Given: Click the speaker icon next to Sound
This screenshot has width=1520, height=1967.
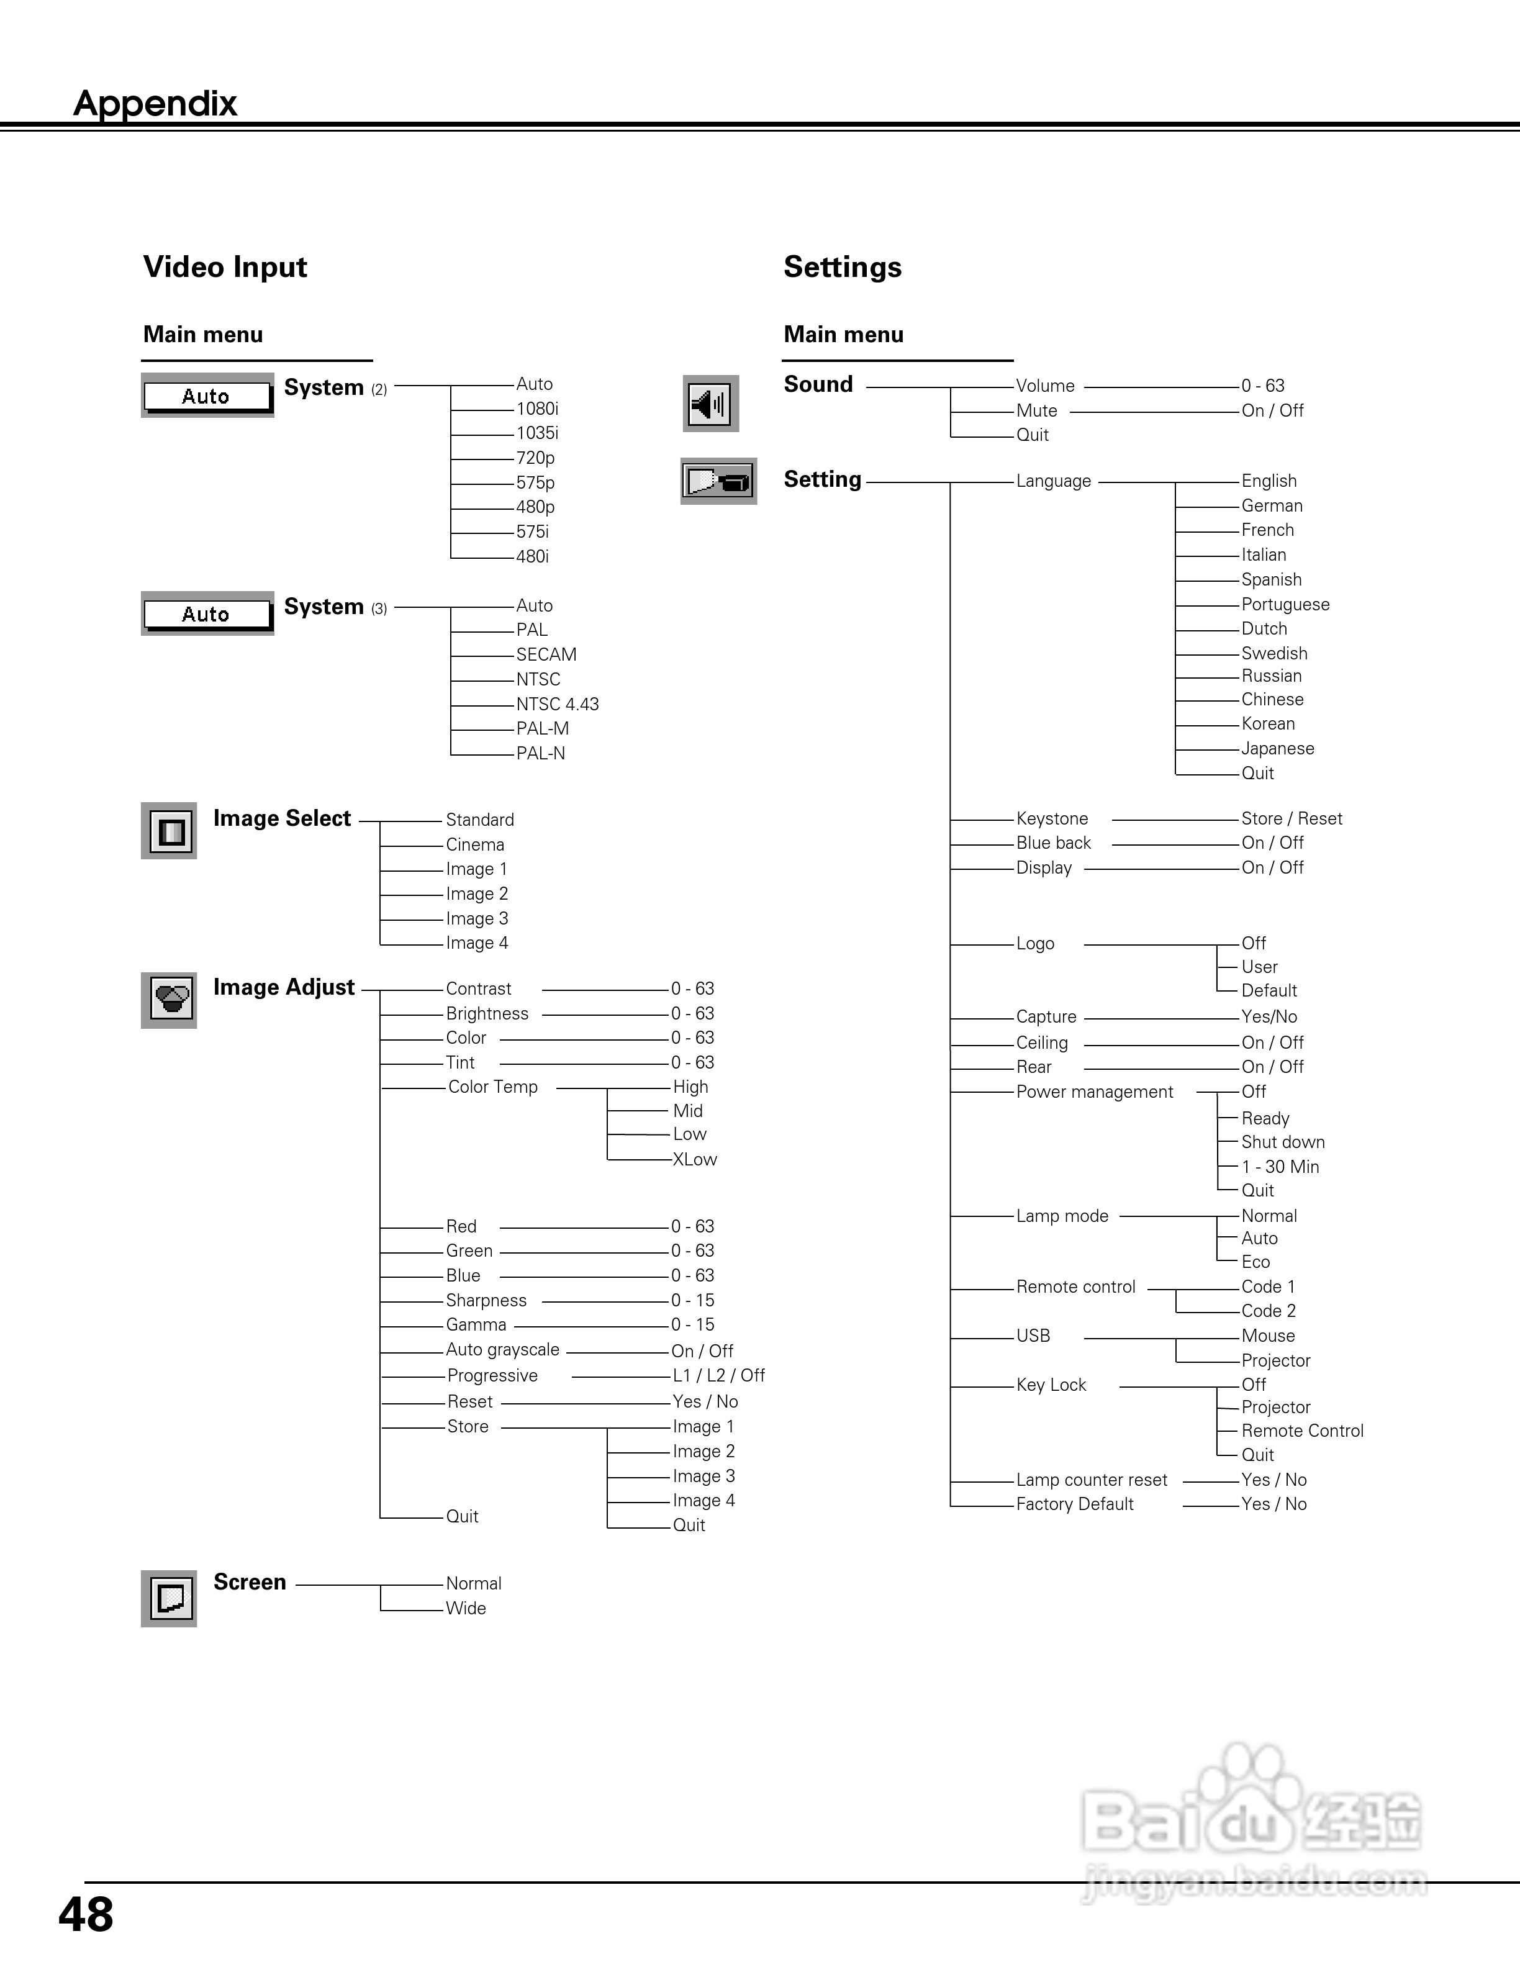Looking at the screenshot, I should (710, 404).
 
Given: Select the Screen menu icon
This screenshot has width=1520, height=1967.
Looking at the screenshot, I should (170, 1598).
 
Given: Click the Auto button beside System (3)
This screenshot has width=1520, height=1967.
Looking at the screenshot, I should (207, 614).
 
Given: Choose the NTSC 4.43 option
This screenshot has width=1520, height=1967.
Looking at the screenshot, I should (558, 704).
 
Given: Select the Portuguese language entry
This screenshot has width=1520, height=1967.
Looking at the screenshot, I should (1285, 604).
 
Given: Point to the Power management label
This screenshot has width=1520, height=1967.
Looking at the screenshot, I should (1094, 1092).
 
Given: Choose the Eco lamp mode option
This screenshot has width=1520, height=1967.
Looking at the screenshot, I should (1255, 1262).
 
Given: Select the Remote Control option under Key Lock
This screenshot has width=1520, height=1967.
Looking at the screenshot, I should (1302, 1430).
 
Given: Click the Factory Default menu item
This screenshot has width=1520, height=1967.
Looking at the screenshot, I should (1074, 1504).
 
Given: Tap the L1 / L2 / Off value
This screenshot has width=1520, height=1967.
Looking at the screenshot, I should (718, 1375).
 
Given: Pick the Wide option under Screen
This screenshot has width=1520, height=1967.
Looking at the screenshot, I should (466, 1608).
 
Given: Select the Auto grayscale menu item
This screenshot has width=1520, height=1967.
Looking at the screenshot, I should (502, 1349).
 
